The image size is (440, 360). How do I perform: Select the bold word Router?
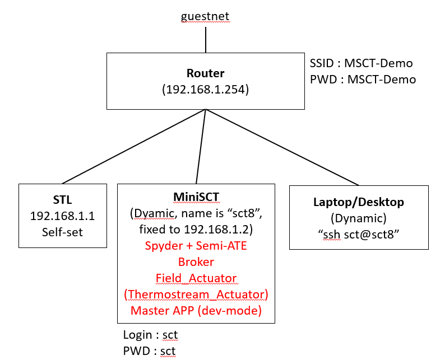[x=206, y=73]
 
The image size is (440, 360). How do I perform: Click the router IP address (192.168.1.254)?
[x=206, y=88]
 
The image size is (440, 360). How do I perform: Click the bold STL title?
[x=62, y=200]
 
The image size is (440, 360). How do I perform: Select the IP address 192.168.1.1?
[x=62, y=216]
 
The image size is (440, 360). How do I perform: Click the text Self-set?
[x=62, y=231]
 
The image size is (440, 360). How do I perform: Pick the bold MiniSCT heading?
[x=196, y=198]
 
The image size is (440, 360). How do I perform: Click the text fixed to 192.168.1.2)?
[x=196, y=230]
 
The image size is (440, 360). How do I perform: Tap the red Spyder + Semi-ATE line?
[x=196, y=246]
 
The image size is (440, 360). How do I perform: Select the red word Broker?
[x=196, y=261]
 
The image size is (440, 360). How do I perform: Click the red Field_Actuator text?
[x=196, y=278]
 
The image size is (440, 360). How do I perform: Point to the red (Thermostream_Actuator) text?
[x=196, y=293]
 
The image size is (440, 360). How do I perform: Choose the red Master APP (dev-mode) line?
[x=196, y=310]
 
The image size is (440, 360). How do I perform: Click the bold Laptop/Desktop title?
[x=359, y=202]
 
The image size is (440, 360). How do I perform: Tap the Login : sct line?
[x=150, y=335]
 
